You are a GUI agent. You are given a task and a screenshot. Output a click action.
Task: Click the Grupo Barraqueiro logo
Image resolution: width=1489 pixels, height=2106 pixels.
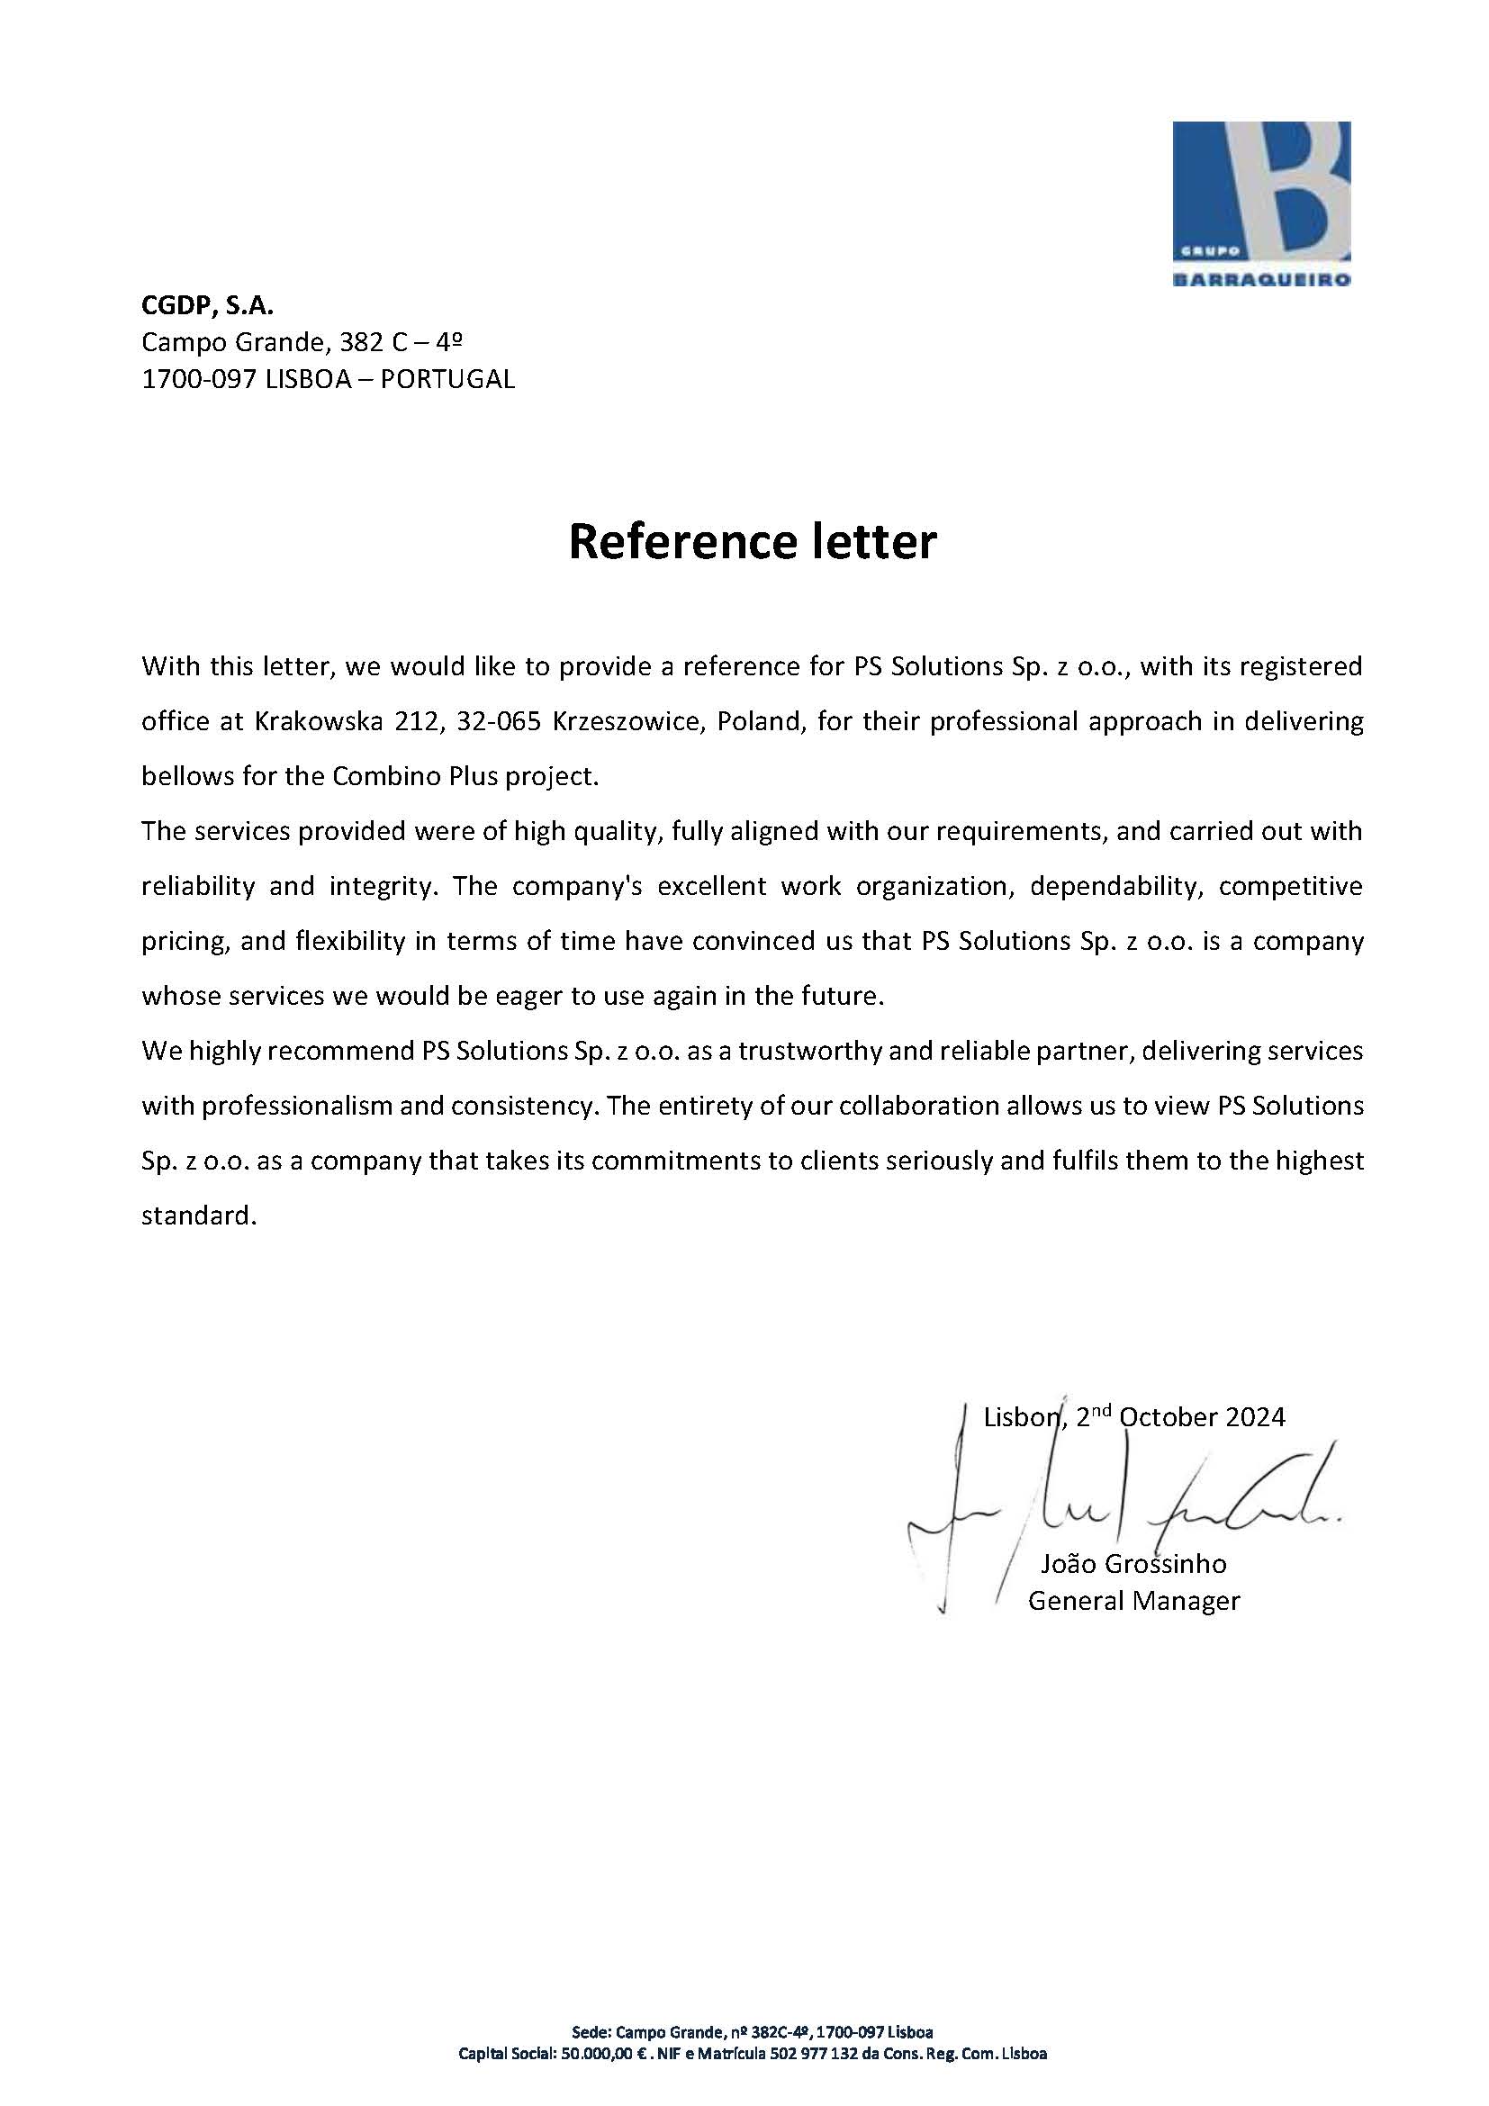tap(1260, 203)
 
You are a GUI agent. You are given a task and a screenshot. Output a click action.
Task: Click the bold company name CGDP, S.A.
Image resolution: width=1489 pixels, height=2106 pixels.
tap(207, 304)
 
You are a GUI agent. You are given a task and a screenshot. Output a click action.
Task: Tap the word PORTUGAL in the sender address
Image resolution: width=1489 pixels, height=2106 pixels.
tap(447, 379)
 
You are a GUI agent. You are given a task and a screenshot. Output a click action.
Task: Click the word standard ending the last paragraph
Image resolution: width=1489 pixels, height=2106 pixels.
tap(195, 1216)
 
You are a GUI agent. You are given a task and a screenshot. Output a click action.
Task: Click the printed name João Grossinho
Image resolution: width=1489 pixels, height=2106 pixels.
tap(1133, 1563)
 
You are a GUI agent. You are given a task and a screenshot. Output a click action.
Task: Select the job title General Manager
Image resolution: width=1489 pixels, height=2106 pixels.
tap(1133, 1601)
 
